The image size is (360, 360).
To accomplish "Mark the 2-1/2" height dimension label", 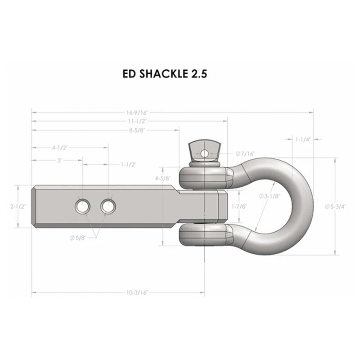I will tap(18, 207).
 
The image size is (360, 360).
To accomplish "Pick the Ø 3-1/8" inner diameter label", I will tap(270, 196).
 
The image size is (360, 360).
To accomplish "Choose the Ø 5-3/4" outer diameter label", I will tap(337, 207).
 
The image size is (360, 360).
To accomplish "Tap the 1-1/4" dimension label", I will tap(300, 139).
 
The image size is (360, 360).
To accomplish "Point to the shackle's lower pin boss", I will tap(206, 234).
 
